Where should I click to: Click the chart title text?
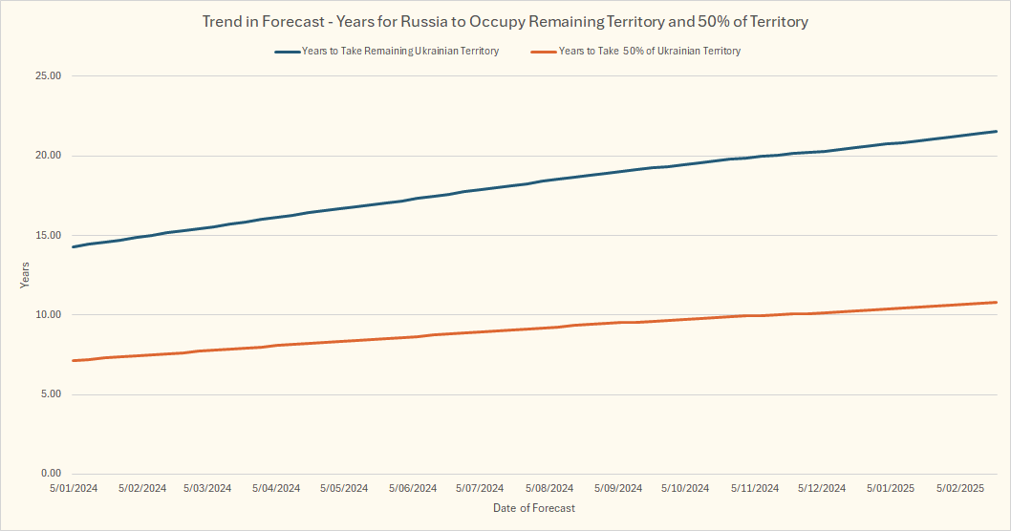click(x=505, y=20)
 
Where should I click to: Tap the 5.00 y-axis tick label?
click(x=50, y=393)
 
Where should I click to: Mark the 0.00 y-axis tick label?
click(x=50, y=474)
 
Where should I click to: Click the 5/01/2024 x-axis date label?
click(x=74, y=488)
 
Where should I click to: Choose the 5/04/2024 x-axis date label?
click(x=277, y=488)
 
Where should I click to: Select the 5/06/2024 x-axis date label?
click(x=413, y=488)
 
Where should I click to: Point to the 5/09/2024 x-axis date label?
click(x=617, y=488)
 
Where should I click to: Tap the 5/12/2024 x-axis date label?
click(x=822, y=488)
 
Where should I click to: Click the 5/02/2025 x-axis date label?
click(x=959, y=488)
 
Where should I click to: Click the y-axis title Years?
click(x=25, y=275)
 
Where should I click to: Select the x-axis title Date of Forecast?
click(x=534, y=508)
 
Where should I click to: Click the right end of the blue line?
click(x=997, y=132)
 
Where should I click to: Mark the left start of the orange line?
click(x=74, y=360)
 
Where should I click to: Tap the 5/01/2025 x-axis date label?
click(x=891, y=488)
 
